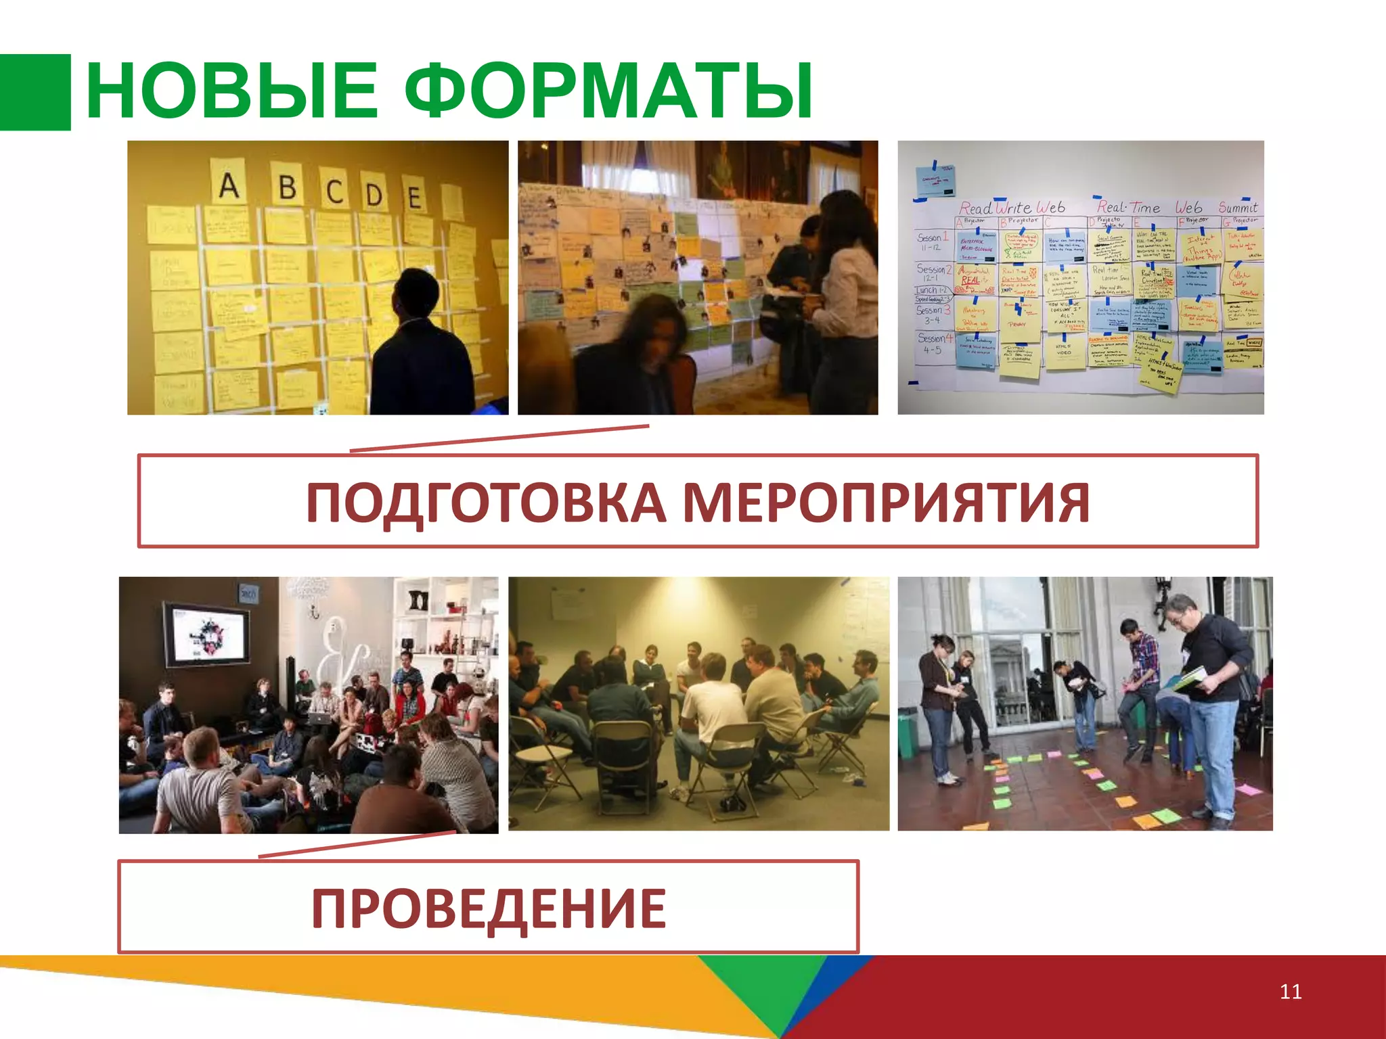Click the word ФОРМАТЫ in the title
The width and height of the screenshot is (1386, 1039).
pyautogui.click(x=609, y=91)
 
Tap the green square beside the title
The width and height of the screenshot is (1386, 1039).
pyautogui.click(x=35, y=92)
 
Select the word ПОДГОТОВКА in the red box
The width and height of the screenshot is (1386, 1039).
pyautogui.click(x=486, y=503)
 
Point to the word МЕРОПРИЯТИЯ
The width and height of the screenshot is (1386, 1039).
pyautogui.click(x=885, y=503)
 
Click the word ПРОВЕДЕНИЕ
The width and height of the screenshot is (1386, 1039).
pyautogui.click(x=489, y=908)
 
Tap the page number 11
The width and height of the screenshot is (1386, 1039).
pyautogui.click(x=1291, y=992)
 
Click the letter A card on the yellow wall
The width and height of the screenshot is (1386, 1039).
pyautogui.click(x=229, y=184)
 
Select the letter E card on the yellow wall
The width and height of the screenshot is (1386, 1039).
pyautogui.click(x=414, y=196)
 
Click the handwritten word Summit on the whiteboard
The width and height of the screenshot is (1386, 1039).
pyautogui.click(x=1238, y=207)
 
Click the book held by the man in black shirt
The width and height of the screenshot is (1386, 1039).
pyautogui.click(x=1190, y=678)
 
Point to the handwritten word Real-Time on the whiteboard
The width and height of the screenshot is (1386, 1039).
pyautogui.click(x=1128, y=207)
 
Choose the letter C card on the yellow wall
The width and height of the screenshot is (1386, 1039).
pyautogui.click(x=335, y=191)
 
